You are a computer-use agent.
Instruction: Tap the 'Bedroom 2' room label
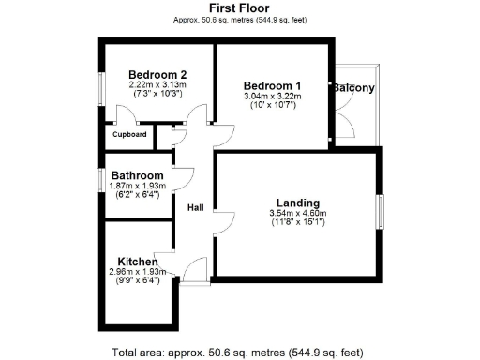tap(157, 75)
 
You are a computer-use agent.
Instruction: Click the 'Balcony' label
tap(352, 89)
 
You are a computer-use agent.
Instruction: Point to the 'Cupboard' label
tap(129, 135)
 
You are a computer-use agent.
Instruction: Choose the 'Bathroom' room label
tap(138, 175)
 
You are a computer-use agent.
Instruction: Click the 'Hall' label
tap(196, 207)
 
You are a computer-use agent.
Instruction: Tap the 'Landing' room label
tap(298, 202)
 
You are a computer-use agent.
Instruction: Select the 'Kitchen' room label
tap(137, 262)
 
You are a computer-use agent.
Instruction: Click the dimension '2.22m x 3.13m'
tap(157, 85)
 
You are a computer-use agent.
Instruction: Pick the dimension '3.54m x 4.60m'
tap(298, 214)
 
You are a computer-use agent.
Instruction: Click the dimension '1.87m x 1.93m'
tap(138, 186)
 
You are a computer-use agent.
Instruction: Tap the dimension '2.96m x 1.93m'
tap(137, 272)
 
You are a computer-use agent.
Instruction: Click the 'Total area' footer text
tap(237, 352)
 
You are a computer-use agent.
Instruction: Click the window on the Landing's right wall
tap(380, 209)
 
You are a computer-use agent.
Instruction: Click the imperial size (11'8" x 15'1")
tap(298, 223)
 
